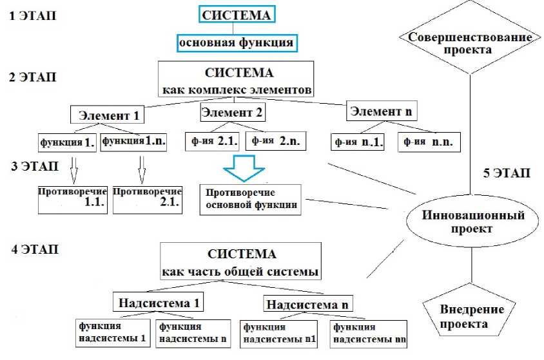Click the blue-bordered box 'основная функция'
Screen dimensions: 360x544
237,43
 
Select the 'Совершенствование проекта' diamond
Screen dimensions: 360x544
470,43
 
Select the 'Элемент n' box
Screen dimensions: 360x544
380,111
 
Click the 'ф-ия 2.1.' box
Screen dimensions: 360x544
212,140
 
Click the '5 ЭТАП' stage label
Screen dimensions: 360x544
506,173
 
